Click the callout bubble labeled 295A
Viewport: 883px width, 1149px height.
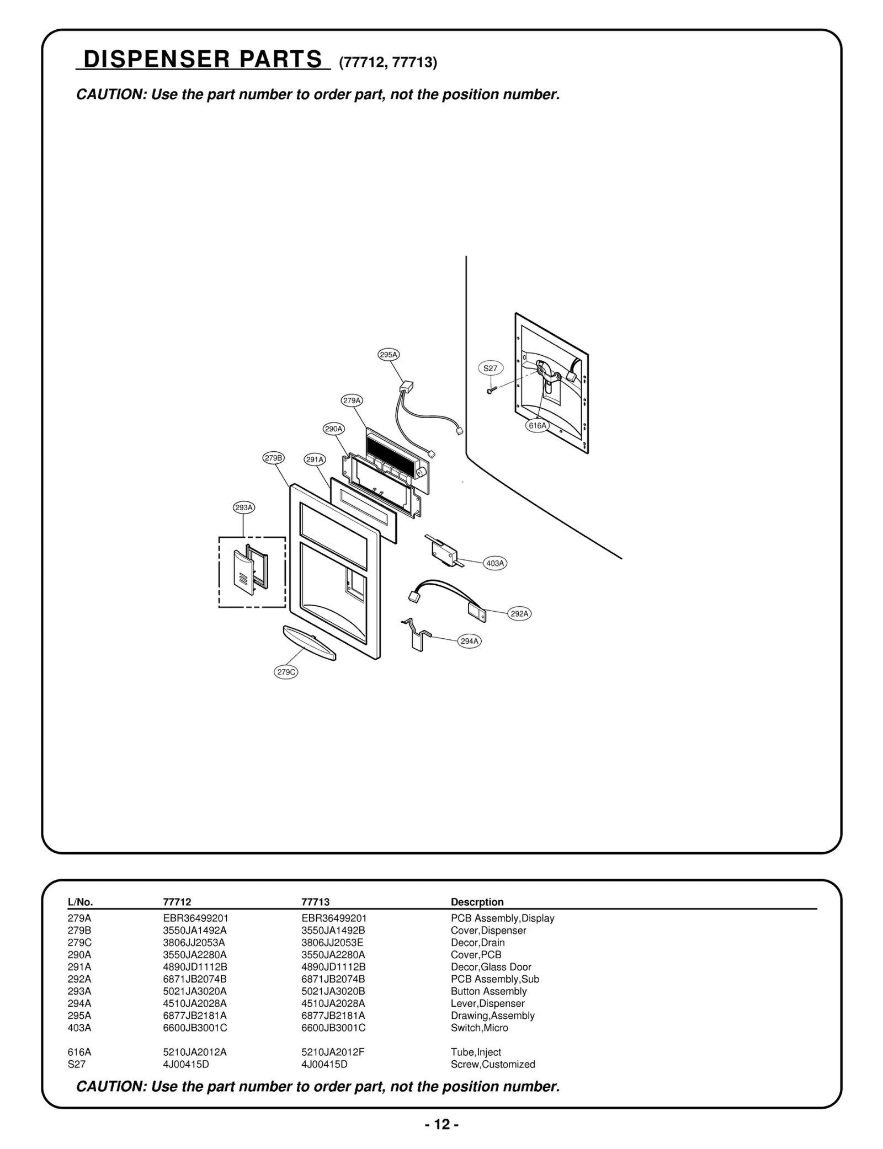[389, 355]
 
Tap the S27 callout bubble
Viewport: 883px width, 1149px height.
[490, 368]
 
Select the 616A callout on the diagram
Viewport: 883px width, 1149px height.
[537, 425]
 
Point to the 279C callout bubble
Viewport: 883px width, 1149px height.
[286, 672]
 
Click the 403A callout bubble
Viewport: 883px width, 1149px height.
[495, 563]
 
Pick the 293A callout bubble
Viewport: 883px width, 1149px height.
[243, 507]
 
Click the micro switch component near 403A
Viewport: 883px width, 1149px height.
[441, 550]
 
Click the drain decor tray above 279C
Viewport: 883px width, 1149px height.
[309, 642]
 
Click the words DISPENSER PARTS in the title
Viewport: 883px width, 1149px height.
[203, 59]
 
